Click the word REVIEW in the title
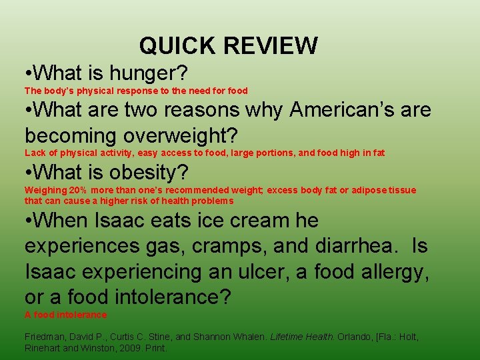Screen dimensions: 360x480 pyautogui.click(x=271, y=46)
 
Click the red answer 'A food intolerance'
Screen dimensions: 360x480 pyautogui.click(x=65, y=315)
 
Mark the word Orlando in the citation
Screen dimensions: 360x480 pyautogui.click(x=353, y=337)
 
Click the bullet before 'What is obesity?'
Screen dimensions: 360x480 pyautogui.click(x=28, y=173)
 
